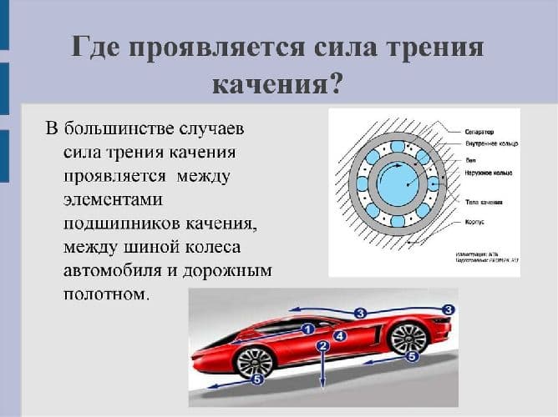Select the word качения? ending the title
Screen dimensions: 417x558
pos(278,83)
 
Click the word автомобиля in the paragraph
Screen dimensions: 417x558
pos(115,271)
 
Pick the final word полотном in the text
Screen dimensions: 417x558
pos(106,294)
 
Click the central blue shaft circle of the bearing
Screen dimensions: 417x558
pos(397,183)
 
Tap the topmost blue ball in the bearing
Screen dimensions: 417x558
pos(397,146)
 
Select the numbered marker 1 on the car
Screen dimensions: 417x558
pos(307,329)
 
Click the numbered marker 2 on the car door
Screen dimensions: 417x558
pos(322,346)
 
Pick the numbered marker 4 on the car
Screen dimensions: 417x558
pos(339,335)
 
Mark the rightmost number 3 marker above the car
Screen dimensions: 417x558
pos(448,309)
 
